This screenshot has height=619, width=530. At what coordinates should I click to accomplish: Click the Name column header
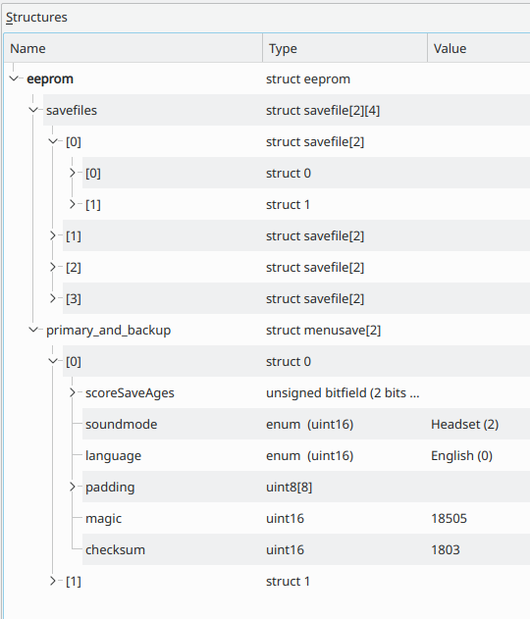[27, 48]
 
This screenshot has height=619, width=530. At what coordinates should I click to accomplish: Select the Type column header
[283, 48]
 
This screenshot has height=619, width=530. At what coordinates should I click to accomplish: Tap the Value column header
[450, 48]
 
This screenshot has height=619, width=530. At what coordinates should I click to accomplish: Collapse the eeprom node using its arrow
[14, 78]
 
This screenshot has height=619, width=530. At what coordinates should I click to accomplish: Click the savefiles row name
[72, 110]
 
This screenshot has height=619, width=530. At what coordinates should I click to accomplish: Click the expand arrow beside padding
[73, 487]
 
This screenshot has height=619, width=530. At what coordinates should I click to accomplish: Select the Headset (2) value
[465, 425]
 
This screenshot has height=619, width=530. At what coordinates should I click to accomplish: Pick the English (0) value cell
[461, 455]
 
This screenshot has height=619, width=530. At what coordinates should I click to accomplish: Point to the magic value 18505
[450, 518]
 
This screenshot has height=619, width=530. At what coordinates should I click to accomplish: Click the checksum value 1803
[446, 550]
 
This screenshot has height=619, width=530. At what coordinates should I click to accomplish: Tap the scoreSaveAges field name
[130, 393]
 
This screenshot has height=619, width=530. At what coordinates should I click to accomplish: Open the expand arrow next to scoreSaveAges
[73, 392]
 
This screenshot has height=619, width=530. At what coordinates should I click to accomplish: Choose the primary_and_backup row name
[109, 331]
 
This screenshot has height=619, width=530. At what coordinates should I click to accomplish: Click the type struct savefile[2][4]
[323, 111]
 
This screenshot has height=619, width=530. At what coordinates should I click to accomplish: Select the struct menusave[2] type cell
[324, 331]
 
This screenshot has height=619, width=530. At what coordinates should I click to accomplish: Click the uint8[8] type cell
[290, 488]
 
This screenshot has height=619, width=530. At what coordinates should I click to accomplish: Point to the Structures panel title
[36, 18]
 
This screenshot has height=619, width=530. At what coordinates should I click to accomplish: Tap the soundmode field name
[122, 425]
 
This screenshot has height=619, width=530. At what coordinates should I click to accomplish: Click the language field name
[113, 456]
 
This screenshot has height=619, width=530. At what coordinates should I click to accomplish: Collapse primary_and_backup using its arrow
[33, 330]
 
